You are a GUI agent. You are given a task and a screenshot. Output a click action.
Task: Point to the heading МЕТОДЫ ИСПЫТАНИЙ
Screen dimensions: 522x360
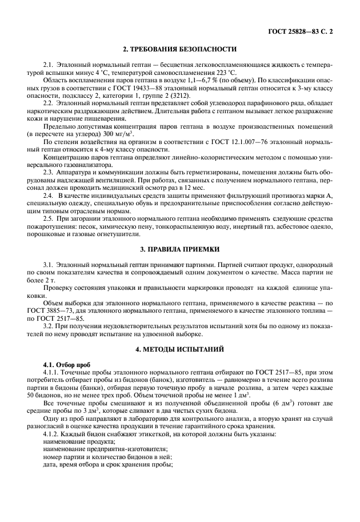(x=182, y=348)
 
